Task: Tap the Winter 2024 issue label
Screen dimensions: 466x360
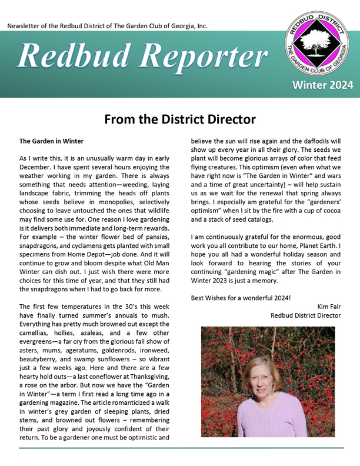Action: [x=319, y=85]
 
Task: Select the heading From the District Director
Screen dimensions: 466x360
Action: [x=180, y=119]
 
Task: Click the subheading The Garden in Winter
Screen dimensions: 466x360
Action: [x=51, y=141]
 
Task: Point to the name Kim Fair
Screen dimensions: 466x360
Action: [x=329, y=306]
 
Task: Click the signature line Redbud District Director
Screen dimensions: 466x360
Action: [x=305, y=315]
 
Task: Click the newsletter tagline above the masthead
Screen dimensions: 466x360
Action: [x=107, y=26]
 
